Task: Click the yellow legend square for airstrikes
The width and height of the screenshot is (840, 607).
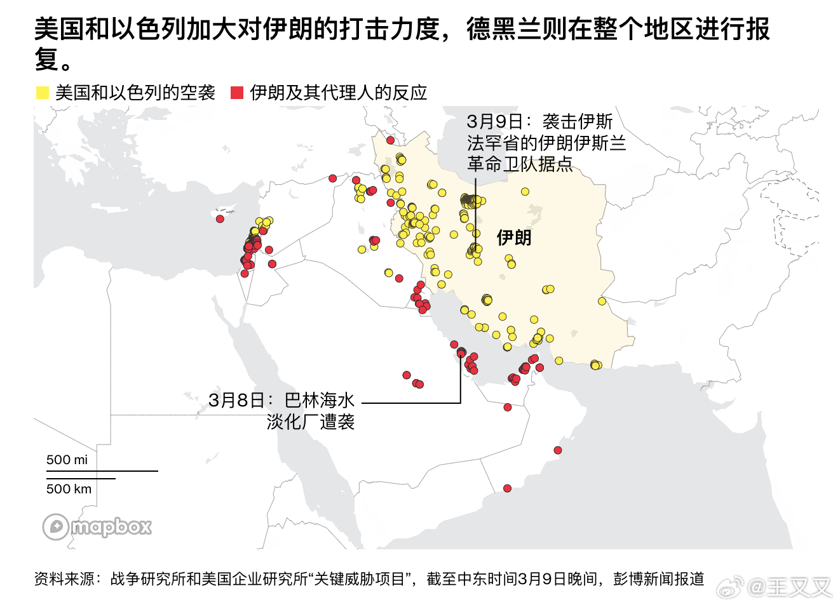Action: click(x=43, y=93)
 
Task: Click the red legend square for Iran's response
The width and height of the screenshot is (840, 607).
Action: click(x=237, y=93)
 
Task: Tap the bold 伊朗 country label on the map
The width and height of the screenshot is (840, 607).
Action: click(x=513, y=238)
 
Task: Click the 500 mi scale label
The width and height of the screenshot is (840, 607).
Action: click(x=67, y=460)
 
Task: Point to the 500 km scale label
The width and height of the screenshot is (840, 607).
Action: click(x=69, y=489)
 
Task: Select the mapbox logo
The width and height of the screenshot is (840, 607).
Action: click(x=97, y=527)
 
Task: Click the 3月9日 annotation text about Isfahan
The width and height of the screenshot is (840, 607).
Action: click(x=546, y=142)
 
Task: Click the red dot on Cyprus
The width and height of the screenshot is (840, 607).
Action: click(x=220, y=218)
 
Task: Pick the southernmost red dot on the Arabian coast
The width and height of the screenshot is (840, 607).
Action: click(x=507, y=488)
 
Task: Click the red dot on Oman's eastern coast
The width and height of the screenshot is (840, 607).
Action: click(x=557, y=450)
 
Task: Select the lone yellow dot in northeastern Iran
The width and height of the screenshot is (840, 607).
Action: click(x=525, y=191)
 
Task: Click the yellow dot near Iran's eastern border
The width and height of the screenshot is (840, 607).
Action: click(x=602, y=301)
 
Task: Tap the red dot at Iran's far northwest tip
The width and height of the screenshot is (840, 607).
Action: click(x=390, y=140)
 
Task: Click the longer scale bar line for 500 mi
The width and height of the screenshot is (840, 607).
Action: click(x=102, y=471)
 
